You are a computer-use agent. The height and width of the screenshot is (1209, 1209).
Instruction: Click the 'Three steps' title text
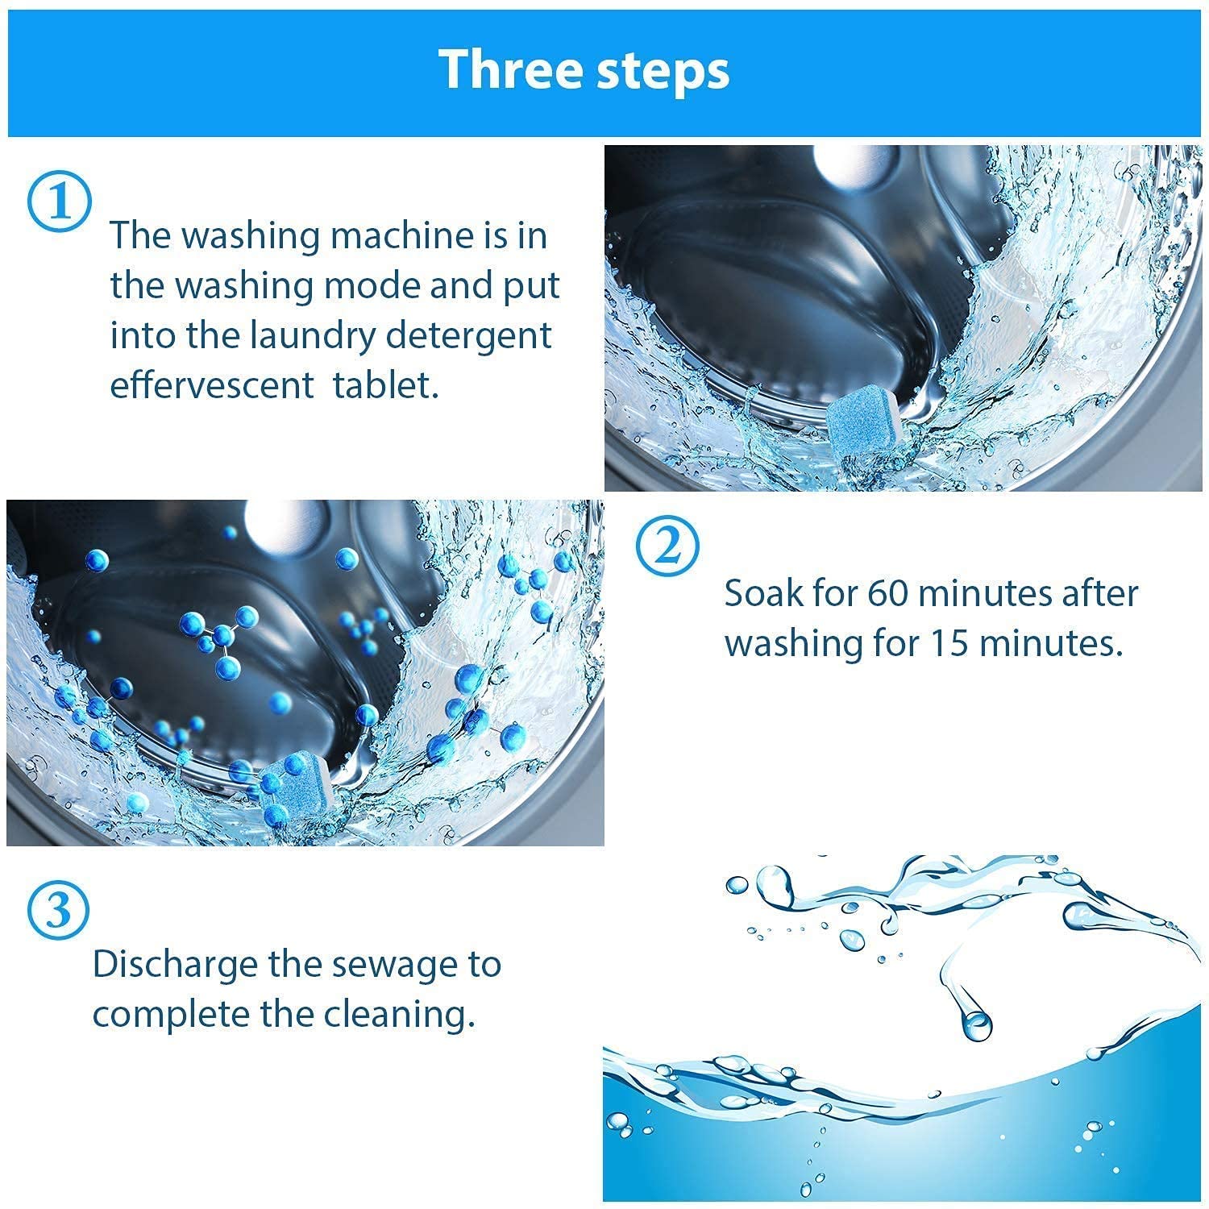584,71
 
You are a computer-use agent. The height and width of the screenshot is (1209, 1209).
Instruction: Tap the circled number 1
60,201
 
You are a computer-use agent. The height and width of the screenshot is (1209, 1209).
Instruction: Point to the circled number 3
58,910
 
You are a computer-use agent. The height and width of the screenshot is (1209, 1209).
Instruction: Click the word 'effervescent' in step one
211,385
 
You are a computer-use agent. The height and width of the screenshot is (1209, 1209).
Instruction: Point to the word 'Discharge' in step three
175,964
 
